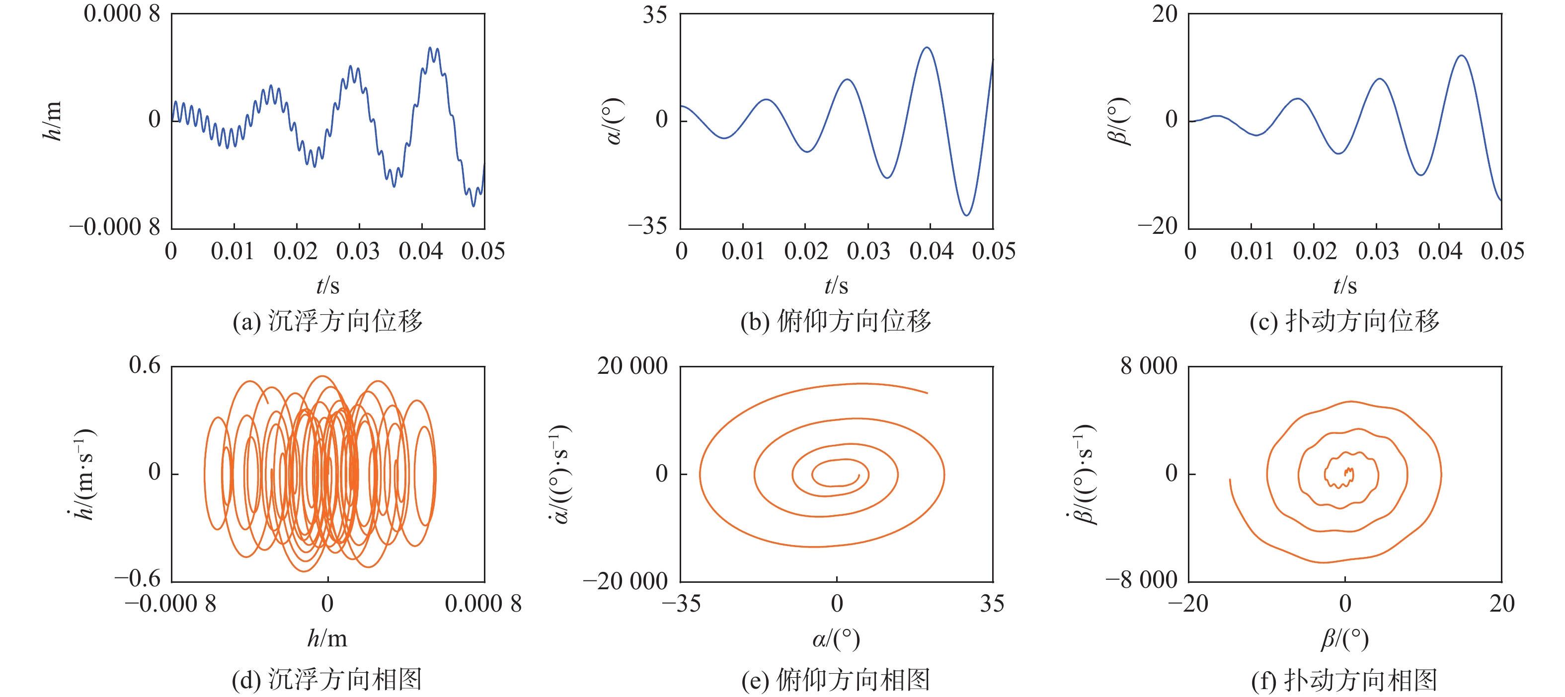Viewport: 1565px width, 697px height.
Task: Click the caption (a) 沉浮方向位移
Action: tap(327, 321)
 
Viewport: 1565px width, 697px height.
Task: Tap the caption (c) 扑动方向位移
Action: tap(1344, 321)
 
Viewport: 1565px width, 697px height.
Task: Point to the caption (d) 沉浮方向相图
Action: tap(327, 680)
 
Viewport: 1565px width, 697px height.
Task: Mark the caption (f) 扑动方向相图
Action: tap(1344, 680)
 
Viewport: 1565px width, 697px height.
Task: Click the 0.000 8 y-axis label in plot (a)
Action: tap(122, 13)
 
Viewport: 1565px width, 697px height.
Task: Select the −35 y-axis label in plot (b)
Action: tap(648, 226)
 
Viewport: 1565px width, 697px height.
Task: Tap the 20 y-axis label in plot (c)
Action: tap(1164, 13)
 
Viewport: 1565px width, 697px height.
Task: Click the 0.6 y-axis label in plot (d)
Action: tap(145, 365)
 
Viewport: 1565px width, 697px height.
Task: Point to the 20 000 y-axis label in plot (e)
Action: tap(632, 365)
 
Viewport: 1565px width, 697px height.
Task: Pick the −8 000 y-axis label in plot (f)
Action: tap(1141, 580)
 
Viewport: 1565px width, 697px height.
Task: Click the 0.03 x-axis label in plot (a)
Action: tap(358, 251)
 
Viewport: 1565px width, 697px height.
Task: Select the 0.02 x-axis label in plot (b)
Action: tap(805, 251)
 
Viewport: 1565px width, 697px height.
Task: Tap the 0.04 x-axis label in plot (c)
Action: tap(1439, 251)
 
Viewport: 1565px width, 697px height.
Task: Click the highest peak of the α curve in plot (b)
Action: tap(927, 47)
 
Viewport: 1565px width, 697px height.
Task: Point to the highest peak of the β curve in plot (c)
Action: tap(1461, 56)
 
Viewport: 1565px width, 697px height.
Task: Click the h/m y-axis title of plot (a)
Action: tap(52, 120)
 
